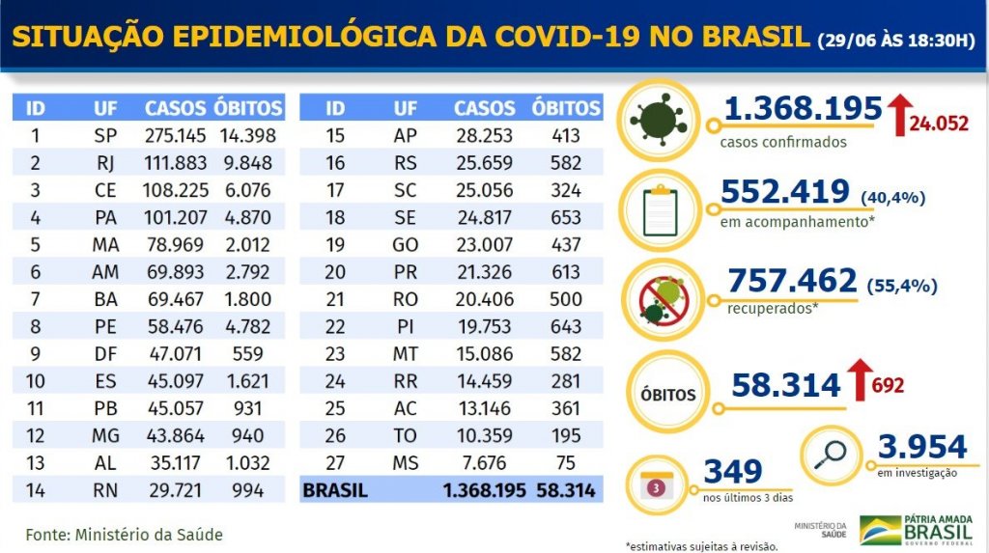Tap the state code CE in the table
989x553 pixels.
pos(105,189)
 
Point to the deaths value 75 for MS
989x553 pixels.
pos(567,462)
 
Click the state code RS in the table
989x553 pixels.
pos(406,161)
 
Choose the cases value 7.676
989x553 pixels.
pos(485,462)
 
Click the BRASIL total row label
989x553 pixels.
pos(335,490)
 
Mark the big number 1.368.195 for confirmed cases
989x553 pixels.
pos(803,109)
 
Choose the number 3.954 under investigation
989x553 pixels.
pos(921,447)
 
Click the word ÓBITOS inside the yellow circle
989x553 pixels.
pos(665,395)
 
